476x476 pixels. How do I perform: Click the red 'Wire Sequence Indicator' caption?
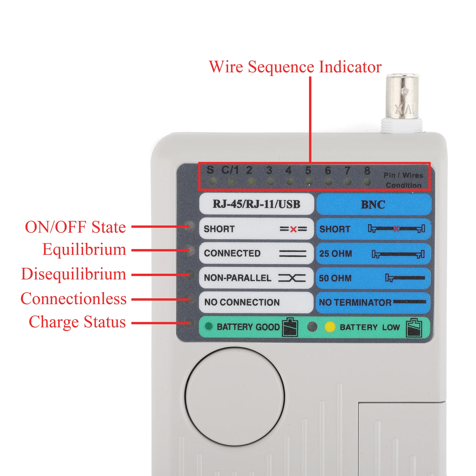pos(295,67)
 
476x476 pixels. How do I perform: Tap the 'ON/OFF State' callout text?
pos(76,227)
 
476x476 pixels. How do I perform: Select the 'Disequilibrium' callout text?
pos(73,274)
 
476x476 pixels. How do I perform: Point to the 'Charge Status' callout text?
pos(77,322)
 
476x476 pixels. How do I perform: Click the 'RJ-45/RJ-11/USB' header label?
pos(256,204)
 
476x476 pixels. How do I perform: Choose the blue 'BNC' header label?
pos(373,205)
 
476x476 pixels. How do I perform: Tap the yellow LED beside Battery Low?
pos(330,327)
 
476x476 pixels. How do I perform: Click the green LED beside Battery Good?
pos(209,326)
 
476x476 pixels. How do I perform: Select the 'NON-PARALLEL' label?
pos(237,278)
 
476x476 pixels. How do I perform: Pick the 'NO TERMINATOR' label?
pos(355,303)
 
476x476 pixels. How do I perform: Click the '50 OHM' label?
pos(335,278)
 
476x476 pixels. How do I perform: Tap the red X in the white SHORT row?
pos(293,229)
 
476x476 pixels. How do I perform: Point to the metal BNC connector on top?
pos(402,98)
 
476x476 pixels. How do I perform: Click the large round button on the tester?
pos(234,396)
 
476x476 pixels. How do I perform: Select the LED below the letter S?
pos(212,181)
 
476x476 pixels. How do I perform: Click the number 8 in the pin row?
pos(367,170)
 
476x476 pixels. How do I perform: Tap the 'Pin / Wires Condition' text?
pos(403,180)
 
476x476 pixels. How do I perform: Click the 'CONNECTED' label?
pos(232,253)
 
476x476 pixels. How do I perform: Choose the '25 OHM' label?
pos(335,253)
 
